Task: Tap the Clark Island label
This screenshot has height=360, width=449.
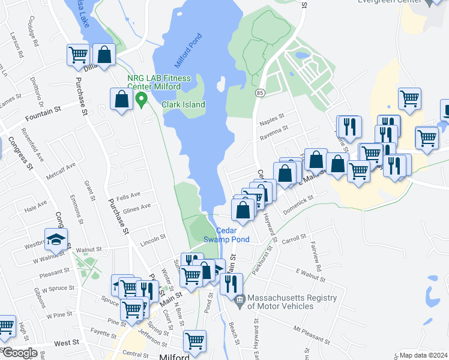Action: [183, 104]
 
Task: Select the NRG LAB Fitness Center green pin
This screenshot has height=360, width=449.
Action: [142, 99]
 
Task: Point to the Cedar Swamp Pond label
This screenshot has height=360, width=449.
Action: [232, 235]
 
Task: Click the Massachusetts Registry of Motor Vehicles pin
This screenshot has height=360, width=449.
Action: [239, 299]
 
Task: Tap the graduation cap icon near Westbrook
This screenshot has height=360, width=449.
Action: [56, 239]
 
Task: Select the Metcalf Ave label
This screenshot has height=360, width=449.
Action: [62, 170]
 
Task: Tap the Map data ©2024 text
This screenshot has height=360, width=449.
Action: [423, 355]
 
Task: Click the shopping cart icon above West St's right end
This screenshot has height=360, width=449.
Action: [194, 341]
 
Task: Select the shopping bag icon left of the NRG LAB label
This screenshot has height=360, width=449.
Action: [121, 100]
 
